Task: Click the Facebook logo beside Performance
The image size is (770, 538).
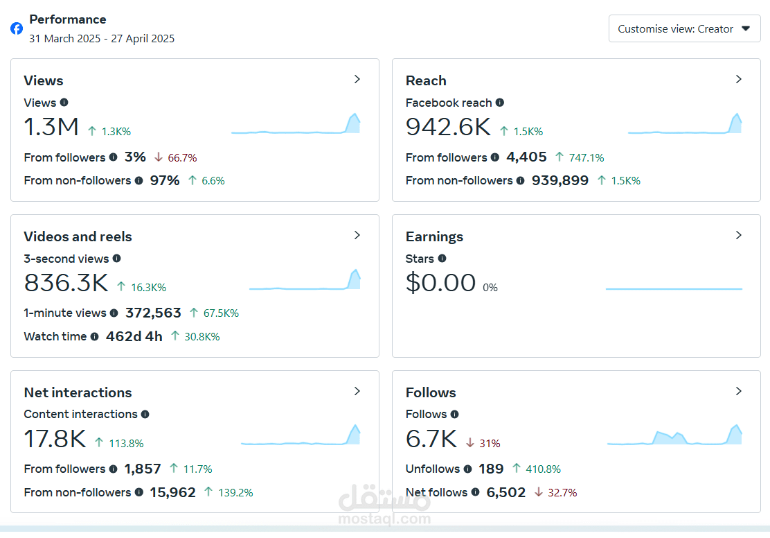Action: click(x=17, y=28)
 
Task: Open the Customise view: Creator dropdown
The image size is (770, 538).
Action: click(x=684, y=28)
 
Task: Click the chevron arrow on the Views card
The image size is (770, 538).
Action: click(x=357, y=79)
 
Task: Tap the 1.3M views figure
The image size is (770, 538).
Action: click(x=51, y=127)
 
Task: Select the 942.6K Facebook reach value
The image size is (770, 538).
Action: click(x=448, y=127)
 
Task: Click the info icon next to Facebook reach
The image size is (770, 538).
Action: click(x=499, y=103)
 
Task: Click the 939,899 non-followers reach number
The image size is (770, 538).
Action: click(x=559, y=180)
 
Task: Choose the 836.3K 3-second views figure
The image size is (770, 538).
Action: click(x=66, y=283)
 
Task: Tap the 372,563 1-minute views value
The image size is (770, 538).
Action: click(x=153, y=313)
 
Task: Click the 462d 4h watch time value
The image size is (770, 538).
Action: click(x=134, y=336)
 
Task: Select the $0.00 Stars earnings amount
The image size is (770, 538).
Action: click(x=440, y=283)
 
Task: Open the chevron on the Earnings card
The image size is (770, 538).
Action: click(x=739, y=235)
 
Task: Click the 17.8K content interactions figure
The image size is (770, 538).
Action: click(x=55, y=439)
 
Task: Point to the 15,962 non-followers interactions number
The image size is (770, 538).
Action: click(x=173, y=492)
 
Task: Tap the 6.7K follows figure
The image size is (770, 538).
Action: click(x=431, y=439)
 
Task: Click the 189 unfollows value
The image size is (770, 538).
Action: click(x=491, y=469)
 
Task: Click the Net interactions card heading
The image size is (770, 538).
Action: click(x=78, y=392)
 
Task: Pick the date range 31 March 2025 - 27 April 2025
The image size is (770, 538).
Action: click(x=102, y=38)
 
